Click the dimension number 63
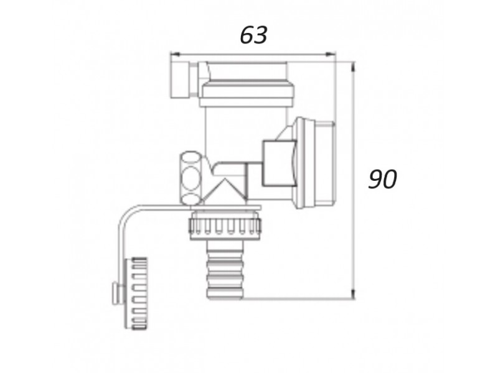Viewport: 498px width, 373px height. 253,35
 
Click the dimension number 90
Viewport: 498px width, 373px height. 382,179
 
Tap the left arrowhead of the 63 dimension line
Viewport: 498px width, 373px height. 175,55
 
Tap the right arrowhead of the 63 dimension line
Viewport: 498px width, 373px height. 331,55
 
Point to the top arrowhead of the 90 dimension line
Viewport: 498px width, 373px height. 352,67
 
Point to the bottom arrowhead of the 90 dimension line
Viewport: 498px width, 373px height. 352,293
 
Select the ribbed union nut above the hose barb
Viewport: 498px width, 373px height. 225,226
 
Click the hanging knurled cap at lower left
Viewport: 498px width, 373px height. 135,293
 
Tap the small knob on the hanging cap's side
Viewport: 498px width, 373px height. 116,293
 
